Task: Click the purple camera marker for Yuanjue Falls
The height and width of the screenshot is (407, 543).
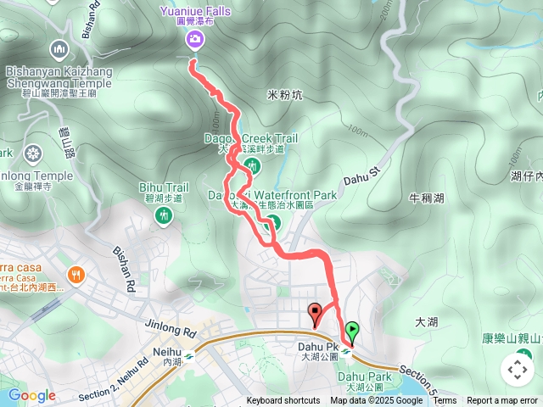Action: [196, 38]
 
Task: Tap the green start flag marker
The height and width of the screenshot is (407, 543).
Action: [352, 330]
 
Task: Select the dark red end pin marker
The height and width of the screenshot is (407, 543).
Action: [315, 311]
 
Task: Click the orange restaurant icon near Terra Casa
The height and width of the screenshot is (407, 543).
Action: [76, 273]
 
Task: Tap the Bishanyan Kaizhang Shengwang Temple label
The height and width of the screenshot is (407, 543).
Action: [59, 77]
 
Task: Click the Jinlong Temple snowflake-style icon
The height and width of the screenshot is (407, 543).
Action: [32, 153]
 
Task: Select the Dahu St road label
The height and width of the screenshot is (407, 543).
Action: [365, 179]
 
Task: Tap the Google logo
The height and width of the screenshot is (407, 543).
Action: [31, 395]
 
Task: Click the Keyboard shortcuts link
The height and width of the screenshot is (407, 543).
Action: [283, 401]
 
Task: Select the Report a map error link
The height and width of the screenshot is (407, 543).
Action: [501, 401]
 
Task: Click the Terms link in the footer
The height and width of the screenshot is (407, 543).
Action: [445, 401]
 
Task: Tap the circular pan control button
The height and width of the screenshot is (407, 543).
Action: [517, 369]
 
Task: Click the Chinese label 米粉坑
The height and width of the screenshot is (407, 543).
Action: [284, 95]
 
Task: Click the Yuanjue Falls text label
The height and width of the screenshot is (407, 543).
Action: [196, 11]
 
